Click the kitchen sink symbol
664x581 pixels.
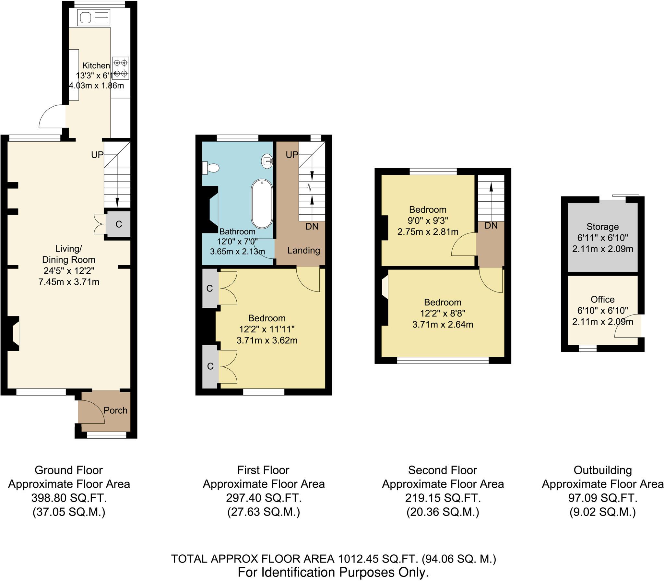tap(94, 18)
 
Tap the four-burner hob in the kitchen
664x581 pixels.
tap(120, 68)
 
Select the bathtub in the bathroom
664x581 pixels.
tap(262, 204)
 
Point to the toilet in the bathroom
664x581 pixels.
tap(211, 168)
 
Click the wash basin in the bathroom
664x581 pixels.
tap(267, 160)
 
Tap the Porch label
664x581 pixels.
tap(115, 410)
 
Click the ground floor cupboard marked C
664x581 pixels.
tap(119, 224)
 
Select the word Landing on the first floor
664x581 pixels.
tap(303, 250)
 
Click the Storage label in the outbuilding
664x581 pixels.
tap(602, 227)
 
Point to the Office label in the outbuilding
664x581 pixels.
tap(602, 299)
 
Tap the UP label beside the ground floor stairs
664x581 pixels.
tap(97, 155)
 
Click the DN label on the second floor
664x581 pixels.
tap(491, 226)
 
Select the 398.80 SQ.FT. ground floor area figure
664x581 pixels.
tap(69, 498)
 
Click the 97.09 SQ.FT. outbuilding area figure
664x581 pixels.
tap(602, 498)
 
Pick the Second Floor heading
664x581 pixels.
tap(442, 470)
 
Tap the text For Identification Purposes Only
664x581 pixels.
tap(333, 573)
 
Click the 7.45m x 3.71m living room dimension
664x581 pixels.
tap(69, 282)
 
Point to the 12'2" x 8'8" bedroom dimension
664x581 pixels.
tap(443, 313)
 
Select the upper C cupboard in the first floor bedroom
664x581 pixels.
tap(210, 288)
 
